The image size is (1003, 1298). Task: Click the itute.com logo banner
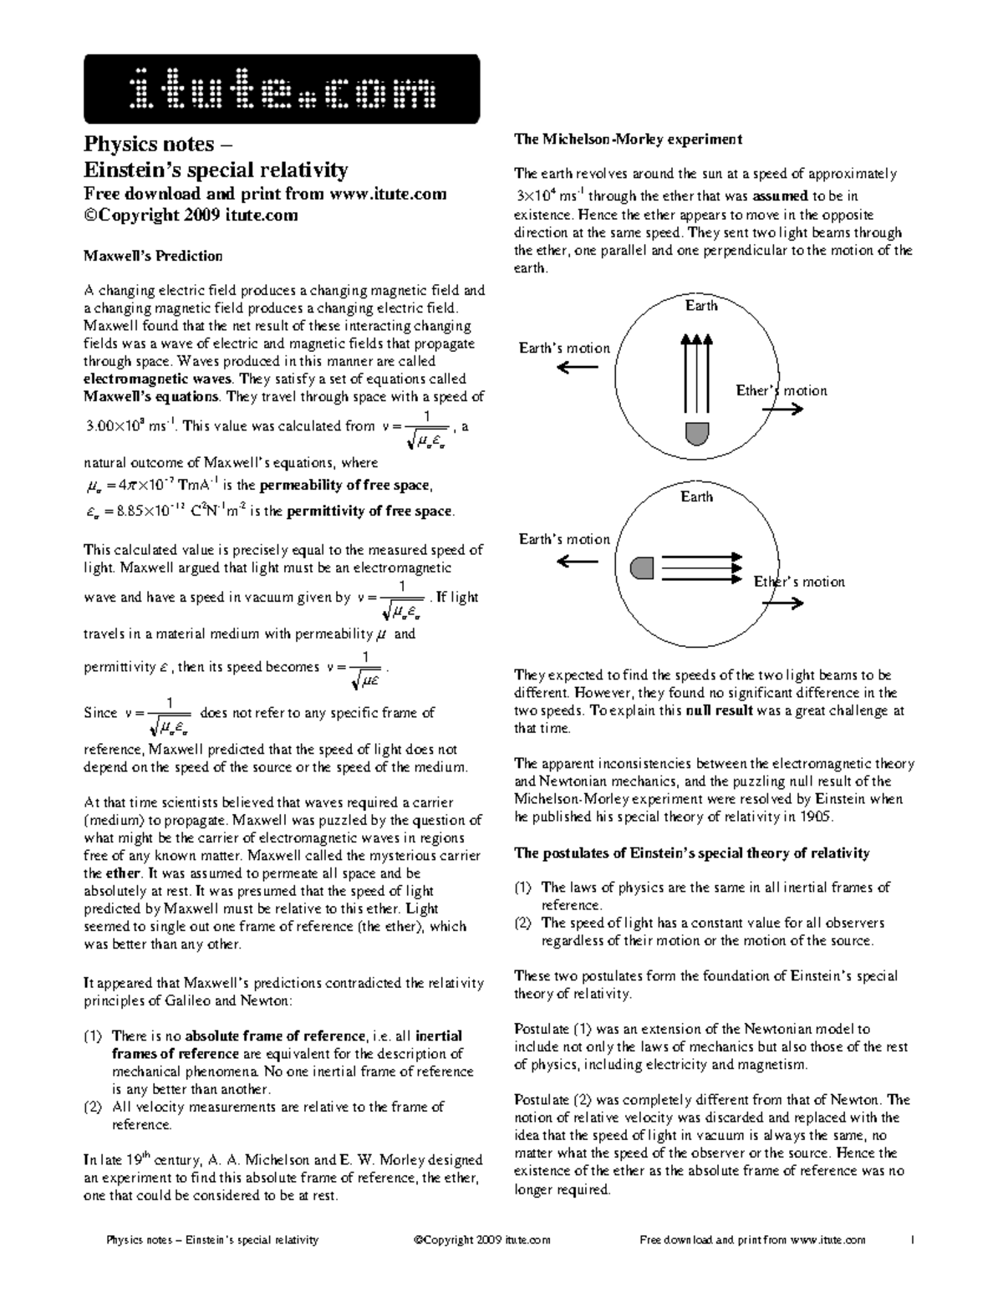282,89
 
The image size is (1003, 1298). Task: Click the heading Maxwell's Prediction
153,256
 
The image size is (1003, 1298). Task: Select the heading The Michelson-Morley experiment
628,139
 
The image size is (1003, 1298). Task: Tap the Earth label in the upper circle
701,306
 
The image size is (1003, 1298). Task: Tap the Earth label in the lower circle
696,497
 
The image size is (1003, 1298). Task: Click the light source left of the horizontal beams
641,568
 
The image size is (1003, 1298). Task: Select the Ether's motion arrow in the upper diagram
784,409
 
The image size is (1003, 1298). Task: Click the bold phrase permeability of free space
344,486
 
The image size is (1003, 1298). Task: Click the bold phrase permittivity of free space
369,512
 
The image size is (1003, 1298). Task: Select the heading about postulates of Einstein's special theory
691,853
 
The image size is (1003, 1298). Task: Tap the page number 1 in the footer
914,1240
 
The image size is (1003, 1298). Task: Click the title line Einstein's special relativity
216,171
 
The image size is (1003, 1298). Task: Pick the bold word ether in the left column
122,873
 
